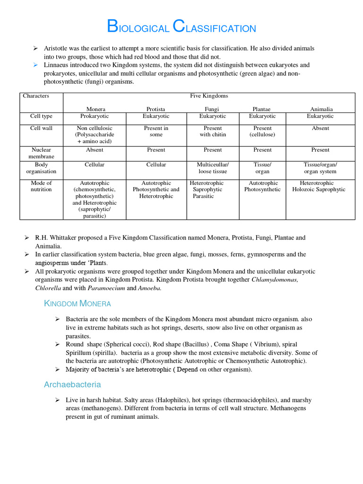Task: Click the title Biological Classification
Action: (x=181, y=27)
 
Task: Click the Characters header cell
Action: (x=36, y=96)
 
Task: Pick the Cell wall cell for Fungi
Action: (x=213, y=131)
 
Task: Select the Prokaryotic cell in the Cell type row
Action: (x=95, y=116)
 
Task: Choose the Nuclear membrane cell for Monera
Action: (x=95, y=150)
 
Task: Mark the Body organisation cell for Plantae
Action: (x=262, y=168)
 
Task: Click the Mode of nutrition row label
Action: (x=41, y=186)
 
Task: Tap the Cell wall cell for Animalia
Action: (x=320, y=128)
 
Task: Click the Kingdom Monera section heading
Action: (x=78, y=303)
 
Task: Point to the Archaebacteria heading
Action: (x=72, y=385)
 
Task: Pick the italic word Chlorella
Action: (x=48, y=288)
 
